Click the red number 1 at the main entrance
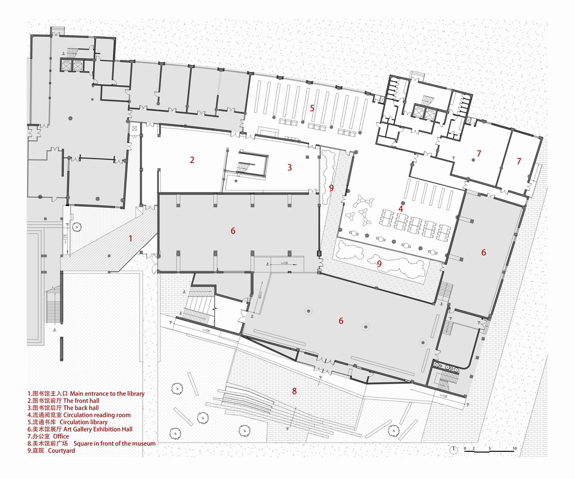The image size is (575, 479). (x=131, y=238)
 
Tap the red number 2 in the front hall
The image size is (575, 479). (x=192, y=161)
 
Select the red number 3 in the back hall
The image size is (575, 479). (x=289, y=168)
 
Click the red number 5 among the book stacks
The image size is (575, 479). (x=312, y=108)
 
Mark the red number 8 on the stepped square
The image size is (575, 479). (x=294, y=391)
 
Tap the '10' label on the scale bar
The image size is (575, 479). (x=515, y=447)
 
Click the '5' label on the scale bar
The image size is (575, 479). (x=489, y=447)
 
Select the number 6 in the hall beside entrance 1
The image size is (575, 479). (x=233, y=231)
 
